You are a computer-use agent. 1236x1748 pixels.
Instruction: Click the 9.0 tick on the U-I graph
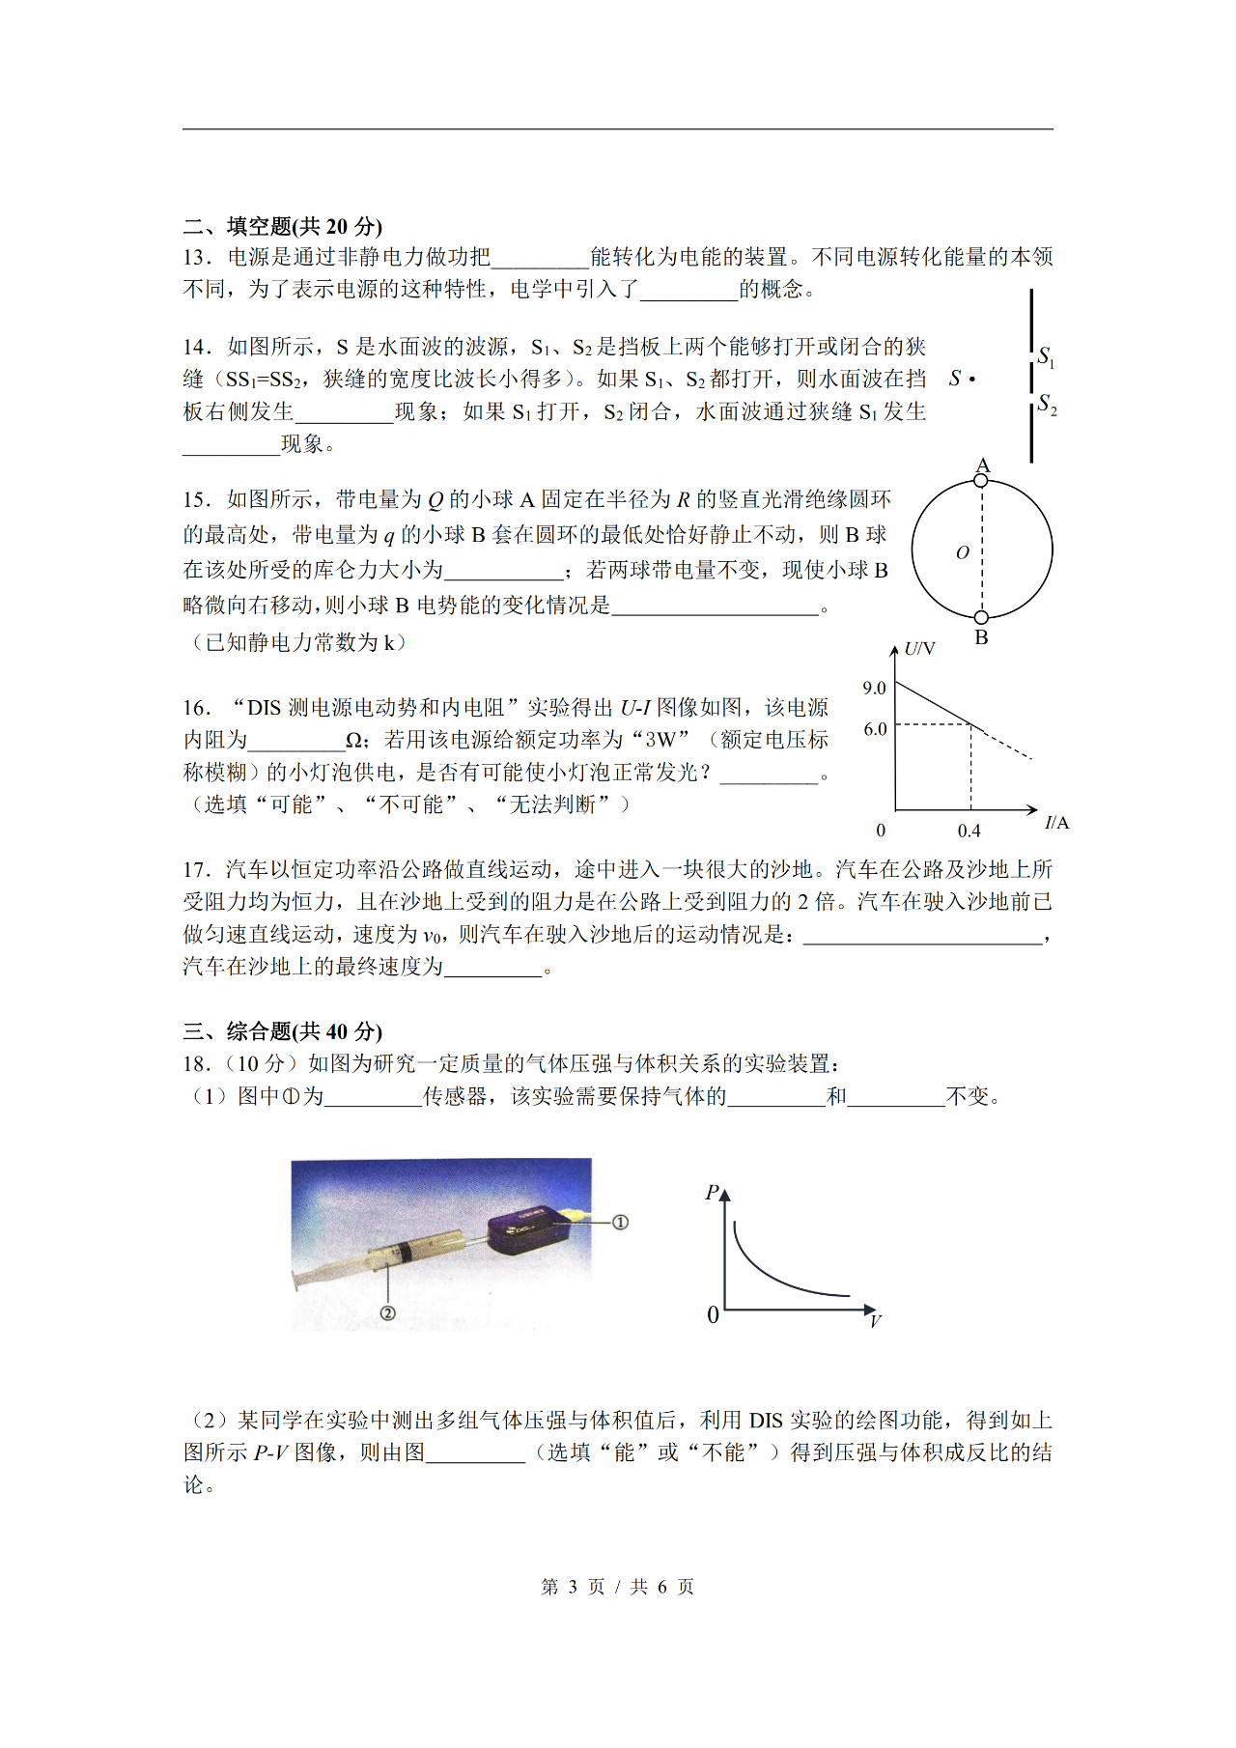[x=874, y=689]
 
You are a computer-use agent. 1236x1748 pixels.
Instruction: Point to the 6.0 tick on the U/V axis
[x=875, y=729]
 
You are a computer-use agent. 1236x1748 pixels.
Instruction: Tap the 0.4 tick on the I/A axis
[x=969, y=831]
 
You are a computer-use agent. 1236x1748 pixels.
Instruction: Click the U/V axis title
[x=919, y=649]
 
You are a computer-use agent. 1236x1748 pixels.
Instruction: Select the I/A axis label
[x=1056, y=823]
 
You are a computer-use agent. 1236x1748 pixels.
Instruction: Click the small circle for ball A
[x=981, y=480]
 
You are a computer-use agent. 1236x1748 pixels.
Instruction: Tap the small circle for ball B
[x=981, y=617]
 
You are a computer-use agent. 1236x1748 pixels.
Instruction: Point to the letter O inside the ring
[x=962, y=552]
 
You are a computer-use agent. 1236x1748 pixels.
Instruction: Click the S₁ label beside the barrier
[x=1046, y=356]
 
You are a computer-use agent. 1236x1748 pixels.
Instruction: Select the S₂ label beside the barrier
[x=1047, y=404]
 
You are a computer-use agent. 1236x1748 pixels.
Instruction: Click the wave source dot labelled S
[x=971, y=380]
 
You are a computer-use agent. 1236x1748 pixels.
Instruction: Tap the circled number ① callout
[x=620, y=1222]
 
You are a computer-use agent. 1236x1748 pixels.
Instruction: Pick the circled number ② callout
[x=387, y=1312]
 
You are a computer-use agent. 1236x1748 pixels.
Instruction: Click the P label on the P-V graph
[x=712, y=1193]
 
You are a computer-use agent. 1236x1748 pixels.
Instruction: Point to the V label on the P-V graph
[x=875, y=1320]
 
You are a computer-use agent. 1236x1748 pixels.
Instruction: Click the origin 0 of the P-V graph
[x=713, y=1315]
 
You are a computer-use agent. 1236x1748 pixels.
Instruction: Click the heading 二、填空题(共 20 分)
[x=282, y=226]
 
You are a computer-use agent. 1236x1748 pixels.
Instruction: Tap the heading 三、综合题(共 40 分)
[x=282, y=1030]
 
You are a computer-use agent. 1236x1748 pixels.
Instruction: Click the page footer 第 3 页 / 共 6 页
[x=617, y=1587]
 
